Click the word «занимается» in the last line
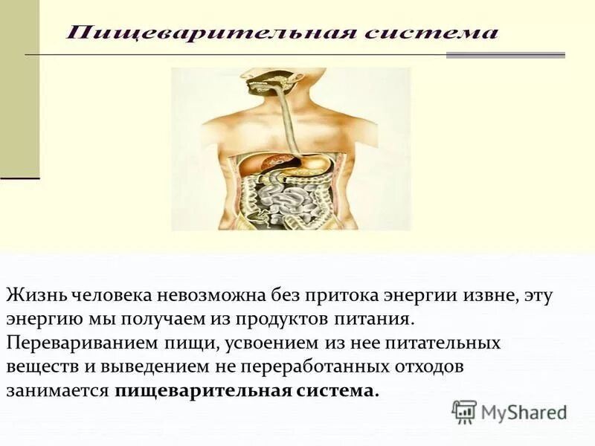pos(58,392)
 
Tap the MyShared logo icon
pos(464,411)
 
